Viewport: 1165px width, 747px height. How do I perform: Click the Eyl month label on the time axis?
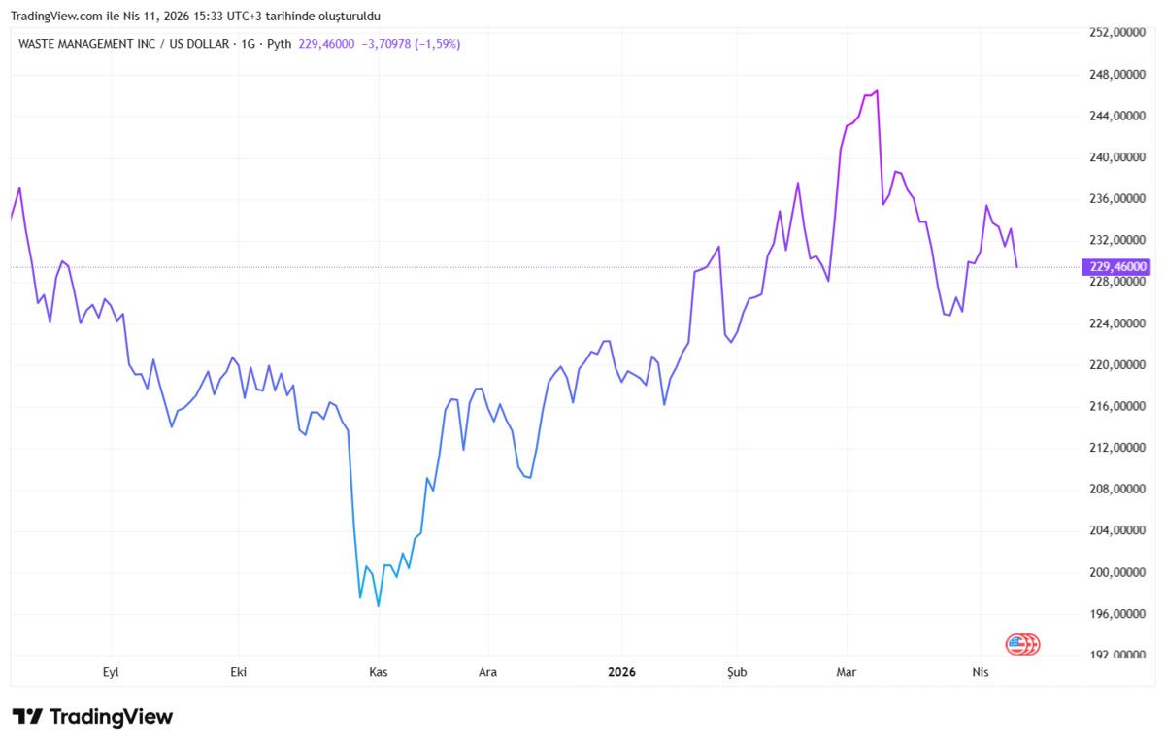pos(112,672)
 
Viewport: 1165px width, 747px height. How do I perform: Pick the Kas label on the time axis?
pos(379,672)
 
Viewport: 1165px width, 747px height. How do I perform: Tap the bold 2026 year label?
pos(621,672)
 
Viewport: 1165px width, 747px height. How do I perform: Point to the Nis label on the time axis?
pos(981,672)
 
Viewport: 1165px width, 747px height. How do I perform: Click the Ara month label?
pos(488,672)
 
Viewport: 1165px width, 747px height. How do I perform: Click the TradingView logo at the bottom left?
pos(93,717)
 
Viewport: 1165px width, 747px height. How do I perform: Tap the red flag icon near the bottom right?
pos(1022,643)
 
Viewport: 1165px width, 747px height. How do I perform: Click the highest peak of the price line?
pos(877,90)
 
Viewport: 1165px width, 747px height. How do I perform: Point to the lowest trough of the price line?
pos(379,606)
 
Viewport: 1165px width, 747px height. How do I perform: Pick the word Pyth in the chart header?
pos(279,44)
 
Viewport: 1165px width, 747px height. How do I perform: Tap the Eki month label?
pos(238,672)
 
